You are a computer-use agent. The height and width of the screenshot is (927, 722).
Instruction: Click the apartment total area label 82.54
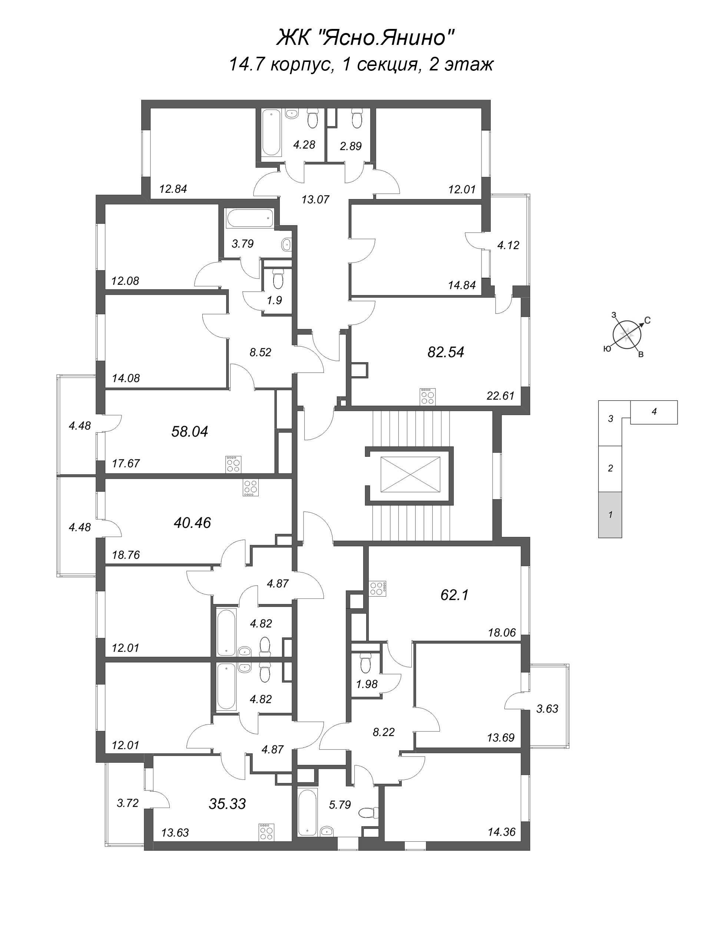pos(446,352)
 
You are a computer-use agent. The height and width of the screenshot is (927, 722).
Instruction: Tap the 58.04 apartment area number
pos(190,432)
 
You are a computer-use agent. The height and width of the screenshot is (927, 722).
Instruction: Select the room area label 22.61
pos(501,396)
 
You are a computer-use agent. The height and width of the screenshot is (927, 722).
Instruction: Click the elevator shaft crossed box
pos(411,475)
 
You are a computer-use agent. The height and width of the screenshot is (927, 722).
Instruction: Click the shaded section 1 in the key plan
pos(610,515)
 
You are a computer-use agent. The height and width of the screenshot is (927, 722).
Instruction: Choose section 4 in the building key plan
pos(654,412)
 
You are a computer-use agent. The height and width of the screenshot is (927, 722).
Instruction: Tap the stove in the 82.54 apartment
pos(427,396)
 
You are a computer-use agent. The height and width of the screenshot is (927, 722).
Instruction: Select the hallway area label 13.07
pos(315,199)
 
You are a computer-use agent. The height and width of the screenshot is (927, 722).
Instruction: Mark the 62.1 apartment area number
pos(454,595)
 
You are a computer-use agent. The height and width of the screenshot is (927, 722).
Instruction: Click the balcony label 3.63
pos(547,708)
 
